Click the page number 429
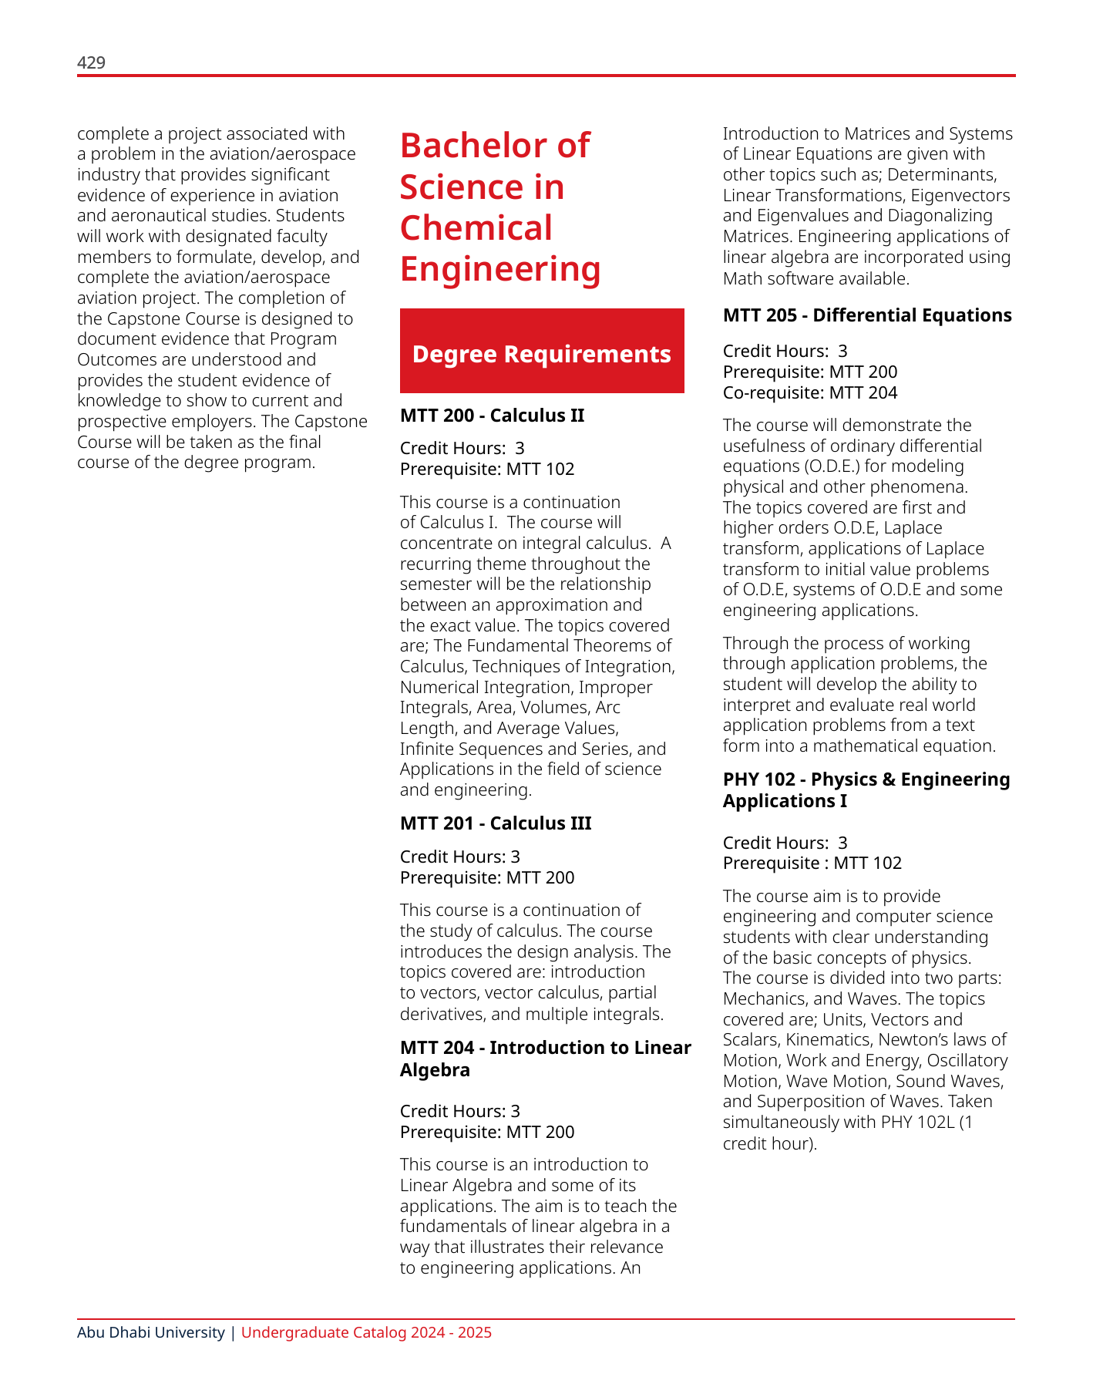click(91, 63)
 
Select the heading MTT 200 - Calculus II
click(492, 416)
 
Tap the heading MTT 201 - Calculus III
click(496, 823)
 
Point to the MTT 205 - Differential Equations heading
click(867, 315)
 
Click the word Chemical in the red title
click(476, 228)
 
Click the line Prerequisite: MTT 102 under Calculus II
click(487, 470)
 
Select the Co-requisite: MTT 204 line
click(810, 393)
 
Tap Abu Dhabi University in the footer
click(150, 1333)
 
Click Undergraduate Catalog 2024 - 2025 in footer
click(366, 1333)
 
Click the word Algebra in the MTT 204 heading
click(435, 1070)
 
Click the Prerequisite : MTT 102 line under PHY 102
click(812, 863)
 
